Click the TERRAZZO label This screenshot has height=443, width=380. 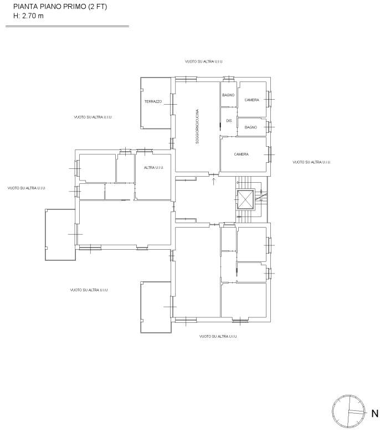[x=153, y=101]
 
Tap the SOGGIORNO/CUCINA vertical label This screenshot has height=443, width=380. [x=197, y=126]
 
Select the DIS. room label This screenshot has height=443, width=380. [x=229, y=121]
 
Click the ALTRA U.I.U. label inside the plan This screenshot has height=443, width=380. [x=153, y=168]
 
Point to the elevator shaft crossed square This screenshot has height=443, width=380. [x=245, y=199]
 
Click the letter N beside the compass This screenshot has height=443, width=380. [x=374, y=414]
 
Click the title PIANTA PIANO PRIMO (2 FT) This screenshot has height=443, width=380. [x=60, y=7]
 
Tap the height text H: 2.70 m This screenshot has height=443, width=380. [x=28, y=16]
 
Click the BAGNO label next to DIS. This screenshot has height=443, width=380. [x=250, y=127]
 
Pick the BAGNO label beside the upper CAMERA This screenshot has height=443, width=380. [x=228, y=95]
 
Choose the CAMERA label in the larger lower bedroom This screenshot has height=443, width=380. [x=242, y=154]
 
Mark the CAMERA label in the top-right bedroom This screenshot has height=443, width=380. [x=251, y=100]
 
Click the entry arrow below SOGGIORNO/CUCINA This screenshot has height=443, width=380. [x=214, y=181]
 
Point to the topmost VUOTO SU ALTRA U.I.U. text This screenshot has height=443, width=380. [x=204, y=61]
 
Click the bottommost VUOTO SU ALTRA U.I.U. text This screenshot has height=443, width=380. [x=218, y=336]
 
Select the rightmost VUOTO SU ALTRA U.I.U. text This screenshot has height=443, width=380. [x=312, y=162]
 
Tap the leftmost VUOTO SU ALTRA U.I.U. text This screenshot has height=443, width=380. [x=27, y=188]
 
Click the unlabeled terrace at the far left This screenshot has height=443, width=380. [x=60, y=234]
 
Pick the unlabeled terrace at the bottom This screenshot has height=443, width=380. [x=156, y=307]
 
